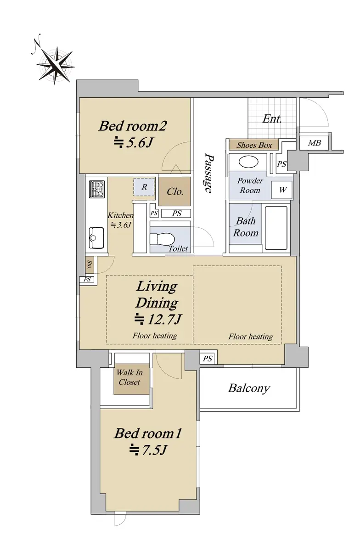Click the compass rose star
click(x=56, y=66)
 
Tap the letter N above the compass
click(x=36, y=44)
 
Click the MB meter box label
click(x=314, y=143)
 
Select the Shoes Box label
click(x=254, y=145)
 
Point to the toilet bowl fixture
click(x=162, y=239)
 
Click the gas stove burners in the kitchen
click(x=97, y=189)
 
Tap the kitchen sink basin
click(x=96, y=238)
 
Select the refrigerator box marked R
click(x=144, y=187)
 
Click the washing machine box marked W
click(x=282, y=190)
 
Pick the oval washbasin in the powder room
click(x=248, y=163)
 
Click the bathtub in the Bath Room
click(x=276, y=228)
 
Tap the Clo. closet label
click(x=175, y=191)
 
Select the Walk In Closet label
click(x=129, y=377)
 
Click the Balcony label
click(x=249, y=388)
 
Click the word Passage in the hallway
click(x=208, y=173)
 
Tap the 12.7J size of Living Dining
click(x=158, y=319)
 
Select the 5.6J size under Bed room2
click(x=134, y=142)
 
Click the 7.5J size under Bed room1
click(x=148, y=450)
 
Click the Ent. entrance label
click(x=272, y=119)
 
